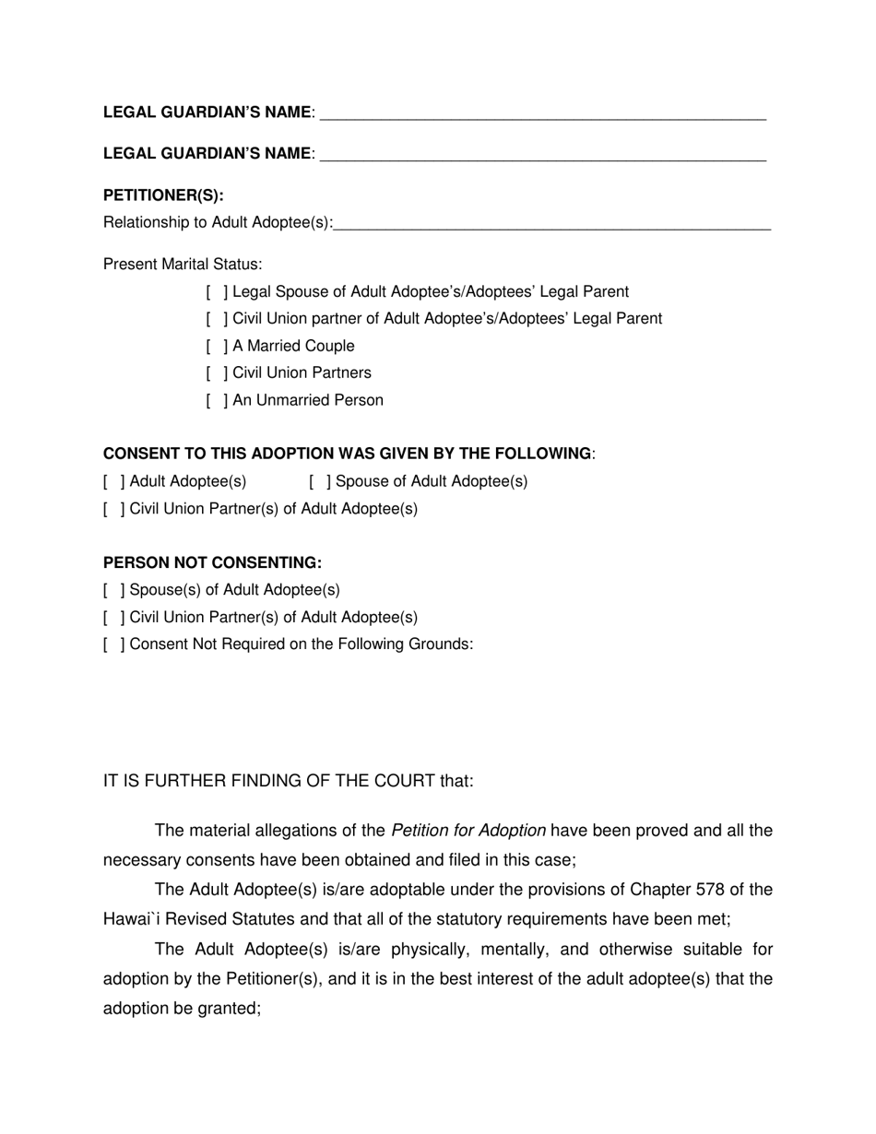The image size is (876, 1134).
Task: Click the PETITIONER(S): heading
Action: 163,195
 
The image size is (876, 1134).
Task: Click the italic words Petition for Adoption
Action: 468,831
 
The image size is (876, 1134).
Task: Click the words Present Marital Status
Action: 183,265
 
